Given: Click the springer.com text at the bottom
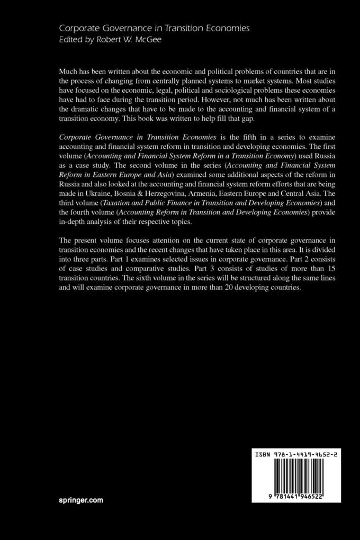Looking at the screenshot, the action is [x=81, y=499].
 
